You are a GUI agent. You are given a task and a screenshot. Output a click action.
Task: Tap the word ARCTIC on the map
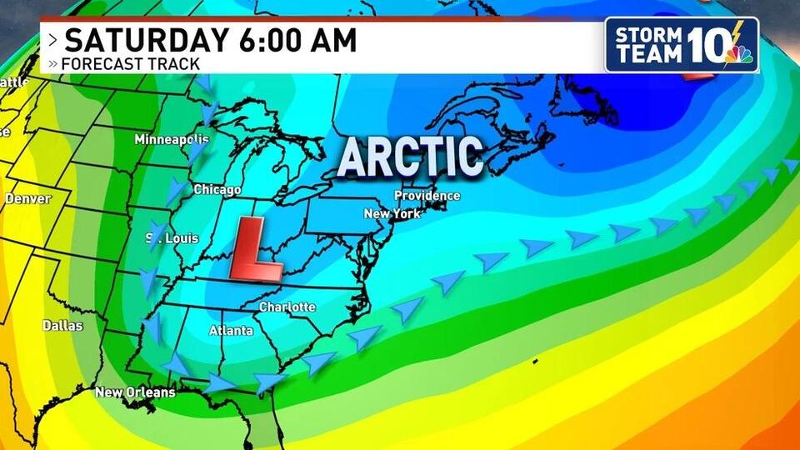coord(410,156)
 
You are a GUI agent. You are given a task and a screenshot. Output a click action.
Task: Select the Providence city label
coord(427,196)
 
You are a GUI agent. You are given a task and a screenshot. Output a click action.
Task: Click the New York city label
coord(392,214)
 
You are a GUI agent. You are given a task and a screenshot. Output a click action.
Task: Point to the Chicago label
coord(217,190)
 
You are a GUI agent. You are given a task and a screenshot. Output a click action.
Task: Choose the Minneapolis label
coord(171,139)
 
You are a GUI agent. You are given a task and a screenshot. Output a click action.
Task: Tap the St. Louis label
coord(173,238)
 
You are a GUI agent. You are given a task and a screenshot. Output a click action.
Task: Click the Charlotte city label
coord(287,307)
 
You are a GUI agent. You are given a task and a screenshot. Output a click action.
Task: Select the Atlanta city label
coord(231,331)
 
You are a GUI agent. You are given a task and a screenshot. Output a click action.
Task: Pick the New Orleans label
coord(135,392)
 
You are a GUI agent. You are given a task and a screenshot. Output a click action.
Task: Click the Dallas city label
coord(62,326)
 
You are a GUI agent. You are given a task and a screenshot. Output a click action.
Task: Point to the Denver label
coord(27,199)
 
